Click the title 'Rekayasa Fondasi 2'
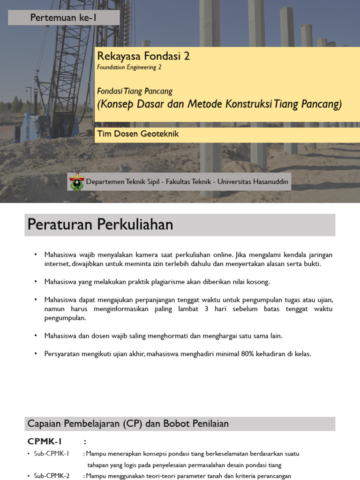[143, 56]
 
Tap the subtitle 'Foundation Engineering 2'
[129, 67]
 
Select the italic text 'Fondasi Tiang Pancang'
[135, 91]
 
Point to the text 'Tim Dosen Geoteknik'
[138, 134]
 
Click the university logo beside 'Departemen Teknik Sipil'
[76, 181]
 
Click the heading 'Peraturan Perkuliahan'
[100, 225]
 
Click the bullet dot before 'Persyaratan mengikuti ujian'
[36, 354]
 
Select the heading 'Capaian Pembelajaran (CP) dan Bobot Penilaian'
[128, 424]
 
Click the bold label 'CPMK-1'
[45, 442]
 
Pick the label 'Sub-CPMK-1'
[52, 454]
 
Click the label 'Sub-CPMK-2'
[52, 476]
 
